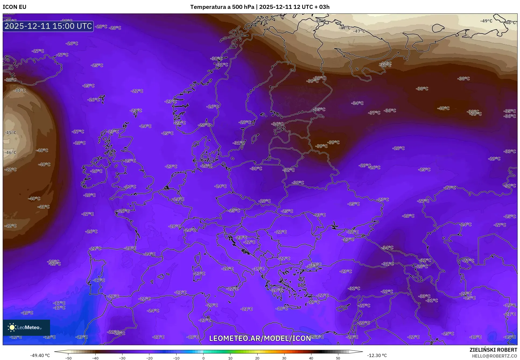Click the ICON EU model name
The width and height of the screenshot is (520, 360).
15,7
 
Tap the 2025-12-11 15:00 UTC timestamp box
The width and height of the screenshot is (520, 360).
48,26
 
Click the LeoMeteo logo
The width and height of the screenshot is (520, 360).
26,327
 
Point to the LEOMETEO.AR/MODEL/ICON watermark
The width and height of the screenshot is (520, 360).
260,338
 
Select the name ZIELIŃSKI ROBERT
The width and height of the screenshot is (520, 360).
493,350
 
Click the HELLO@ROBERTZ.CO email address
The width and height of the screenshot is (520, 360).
494,356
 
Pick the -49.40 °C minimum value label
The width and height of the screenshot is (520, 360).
40,355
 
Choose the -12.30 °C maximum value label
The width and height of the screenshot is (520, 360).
377,355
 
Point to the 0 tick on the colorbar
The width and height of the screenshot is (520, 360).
203,358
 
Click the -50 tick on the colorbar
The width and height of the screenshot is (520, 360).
68,358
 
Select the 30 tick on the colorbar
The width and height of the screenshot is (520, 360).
284,358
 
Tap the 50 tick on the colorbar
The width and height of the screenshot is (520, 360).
338,358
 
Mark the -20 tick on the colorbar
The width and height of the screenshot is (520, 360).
149,358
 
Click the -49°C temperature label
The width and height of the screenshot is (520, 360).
486,21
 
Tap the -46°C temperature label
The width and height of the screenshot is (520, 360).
10,153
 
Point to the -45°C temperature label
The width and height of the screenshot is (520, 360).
10,133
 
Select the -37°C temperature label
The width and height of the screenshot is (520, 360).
374,113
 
